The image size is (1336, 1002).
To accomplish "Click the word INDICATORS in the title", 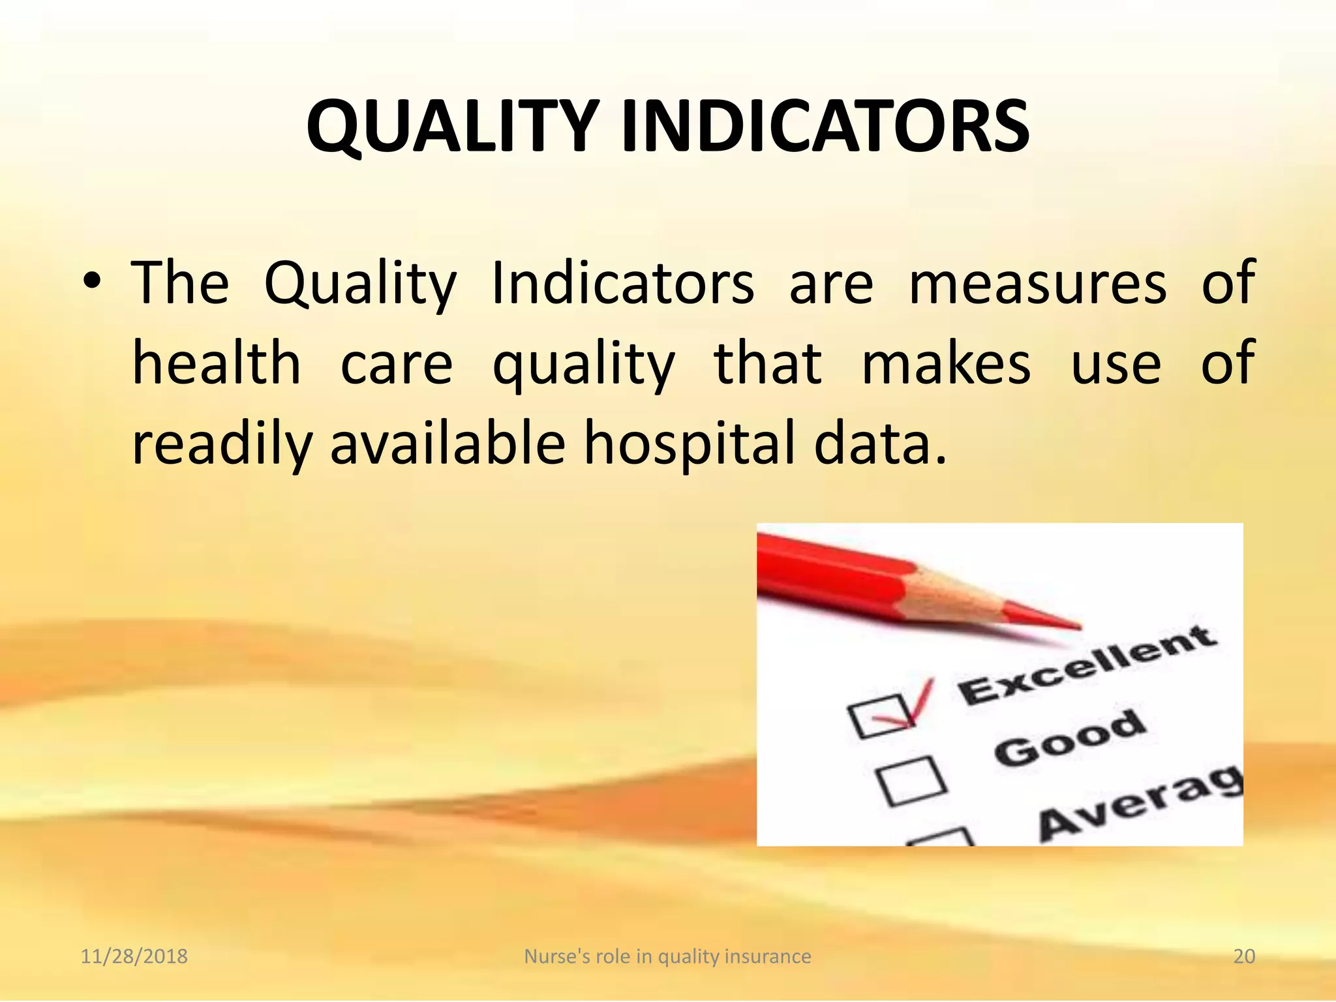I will pyautogui.click(x=825, y=126).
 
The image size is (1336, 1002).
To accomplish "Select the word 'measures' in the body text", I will pyautogui.click(x=1037, y=283).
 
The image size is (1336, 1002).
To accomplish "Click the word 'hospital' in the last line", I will pyautogui.click(x=689, y=444).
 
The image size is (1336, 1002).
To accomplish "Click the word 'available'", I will pyautogui.click(x=448, y=444).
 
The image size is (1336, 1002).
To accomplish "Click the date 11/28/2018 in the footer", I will pyautogui.click(x=134, y=956).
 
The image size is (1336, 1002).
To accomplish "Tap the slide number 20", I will pyautogui.click(x=1244, y=956).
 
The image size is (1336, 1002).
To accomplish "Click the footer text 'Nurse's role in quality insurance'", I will pyautogui.click(x=667, y=956).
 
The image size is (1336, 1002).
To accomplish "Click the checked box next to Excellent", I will pyautogui.click(x=881, y=716).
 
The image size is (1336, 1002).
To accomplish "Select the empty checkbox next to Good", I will pyautogui.click(x=910, y=780).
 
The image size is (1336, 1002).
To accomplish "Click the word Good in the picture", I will pyautogui.click(x=1070, y=738).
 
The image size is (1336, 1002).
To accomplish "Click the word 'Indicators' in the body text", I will pyautogui.click(x=622, y=283).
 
